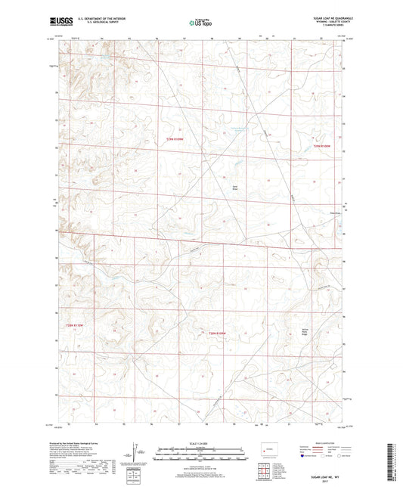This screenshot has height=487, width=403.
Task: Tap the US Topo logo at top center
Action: click(x=200, y=23)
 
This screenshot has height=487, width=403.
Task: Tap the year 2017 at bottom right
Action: click(x=330, y=479)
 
